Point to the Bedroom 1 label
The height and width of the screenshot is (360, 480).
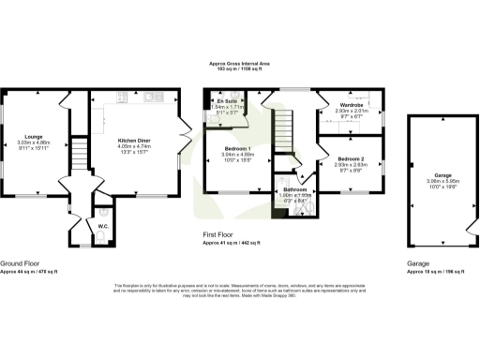pos(236,149)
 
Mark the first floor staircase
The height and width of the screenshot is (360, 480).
pos(282,126)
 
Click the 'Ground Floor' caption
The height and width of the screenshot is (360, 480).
pos(18,264)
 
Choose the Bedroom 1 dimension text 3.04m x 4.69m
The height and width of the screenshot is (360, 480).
pos(236,156)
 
